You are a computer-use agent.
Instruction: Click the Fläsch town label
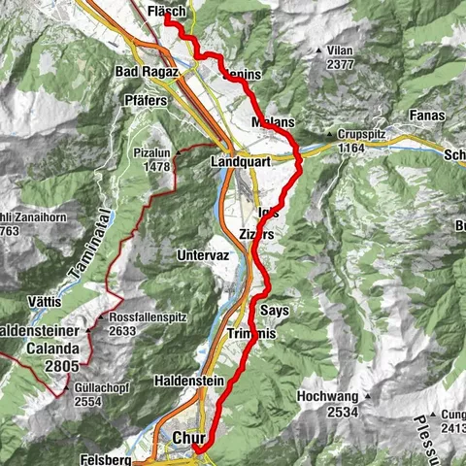click(169, 13)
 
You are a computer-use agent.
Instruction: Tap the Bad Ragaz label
click(147, 72)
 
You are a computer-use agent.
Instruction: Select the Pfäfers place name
click(148, 100)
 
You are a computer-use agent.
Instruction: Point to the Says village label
click(275, 309)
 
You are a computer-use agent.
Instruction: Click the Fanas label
click(426, 115)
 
